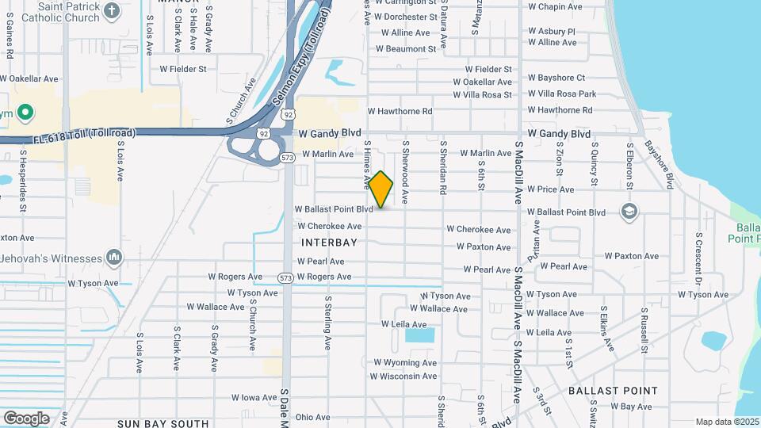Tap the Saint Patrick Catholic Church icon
[x=112, y=10]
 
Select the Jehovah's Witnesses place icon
[x=115, y=257]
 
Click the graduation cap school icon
[x=629, y=211]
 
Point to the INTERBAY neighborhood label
[x=329, y=243]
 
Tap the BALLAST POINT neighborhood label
[x=613, y=391]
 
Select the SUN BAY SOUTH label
[x=163, y=423]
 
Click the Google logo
[x=26, y=418]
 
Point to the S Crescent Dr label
[x=699, y=258]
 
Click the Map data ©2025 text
[x=727, y=422]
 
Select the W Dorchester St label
[x=407, y=17]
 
